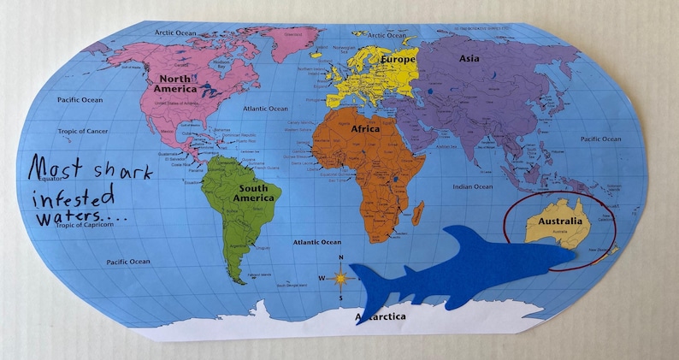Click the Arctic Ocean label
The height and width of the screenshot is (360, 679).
[175, 32]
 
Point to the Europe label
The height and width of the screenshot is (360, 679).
[399, 61]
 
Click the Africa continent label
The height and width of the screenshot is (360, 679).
[365, 129]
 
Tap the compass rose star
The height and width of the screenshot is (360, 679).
[341, 278]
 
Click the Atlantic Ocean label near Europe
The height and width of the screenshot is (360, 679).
[266, 109]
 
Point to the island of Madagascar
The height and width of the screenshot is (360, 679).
[417, 211]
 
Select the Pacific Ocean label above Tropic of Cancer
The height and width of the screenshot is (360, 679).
[80, 100]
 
